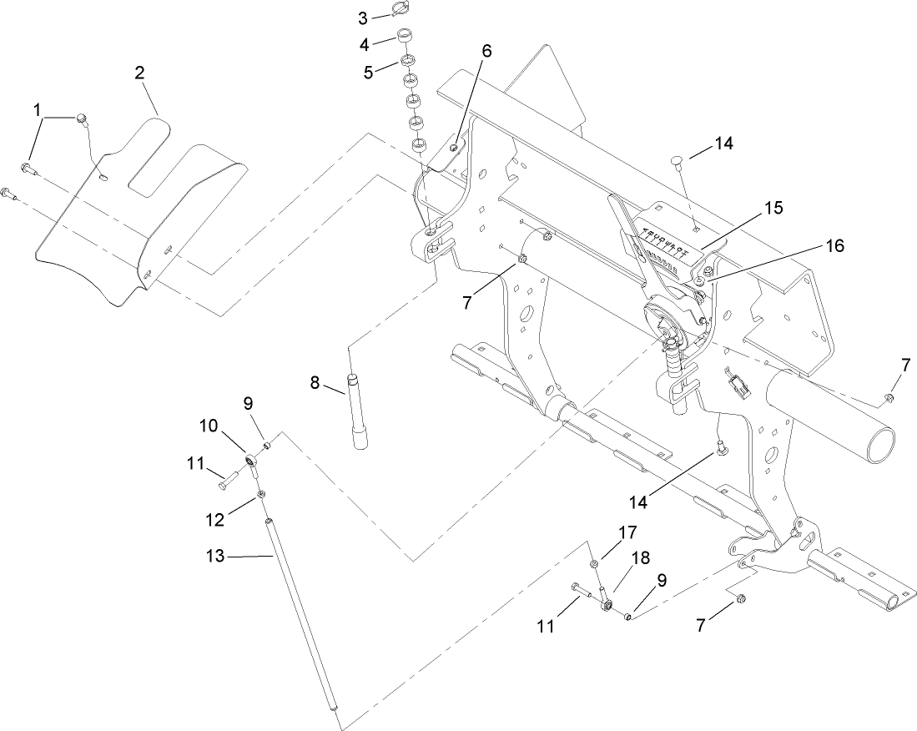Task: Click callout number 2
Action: (139, 73)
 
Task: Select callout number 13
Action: (215, 556)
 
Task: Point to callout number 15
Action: (773, 208)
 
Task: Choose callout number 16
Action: (834, 246)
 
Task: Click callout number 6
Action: (486, 51)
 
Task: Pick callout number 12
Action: (215, 520)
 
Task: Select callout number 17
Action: (627, 531)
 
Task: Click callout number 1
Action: (37, 109)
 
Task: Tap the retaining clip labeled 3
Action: (401, 11)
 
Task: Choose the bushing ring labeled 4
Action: (406, 38)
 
